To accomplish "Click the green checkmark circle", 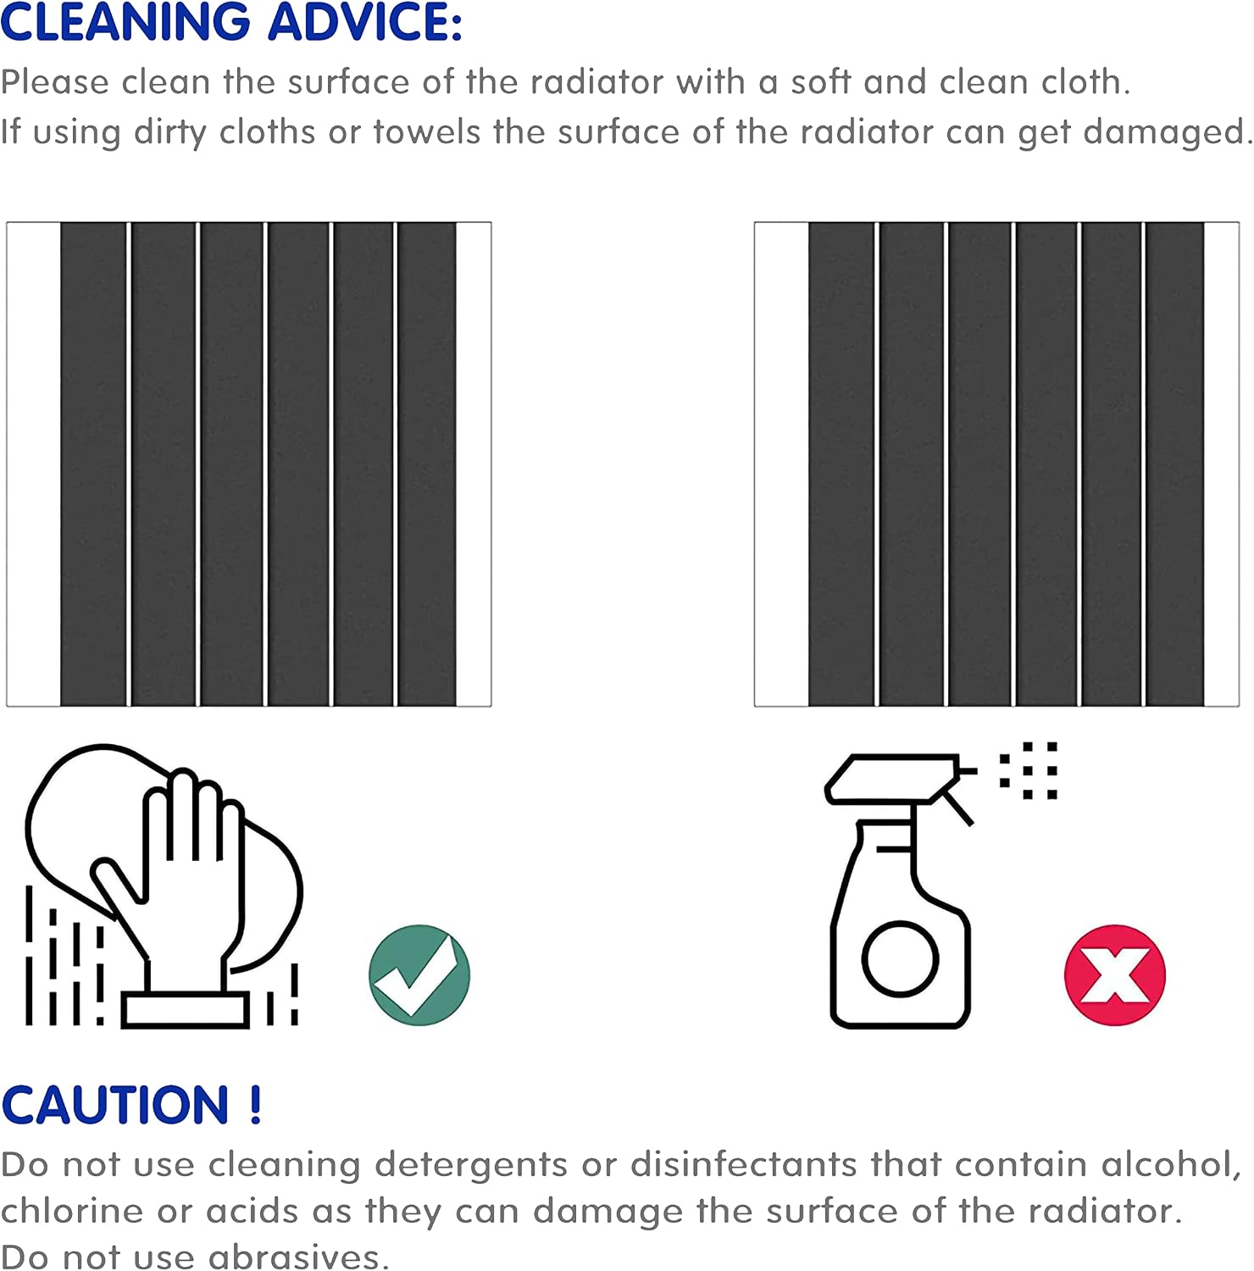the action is (419, 975).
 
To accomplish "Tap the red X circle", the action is (1115, 975).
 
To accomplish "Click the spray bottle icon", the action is (901, 890).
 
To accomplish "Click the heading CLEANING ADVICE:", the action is (231, 22).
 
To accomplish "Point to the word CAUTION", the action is (115, 1105).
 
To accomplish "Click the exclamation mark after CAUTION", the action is (256, 1105).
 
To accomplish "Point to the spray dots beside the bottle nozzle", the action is (1029, 771).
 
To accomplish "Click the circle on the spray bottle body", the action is (901, 959).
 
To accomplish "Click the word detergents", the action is (471, 1166).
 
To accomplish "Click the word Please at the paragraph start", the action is (55, 82).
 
